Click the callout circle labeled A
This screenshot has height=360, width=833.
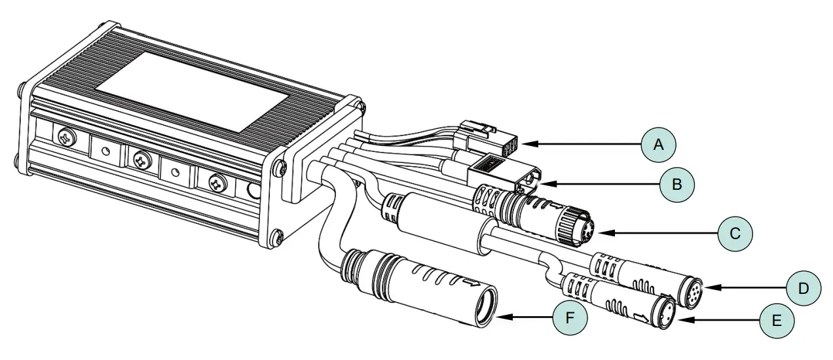(659, 144)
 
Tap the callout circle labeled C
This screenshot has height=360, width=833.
(735, 233)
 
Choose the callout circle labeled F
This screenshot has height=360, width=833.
(568, 319)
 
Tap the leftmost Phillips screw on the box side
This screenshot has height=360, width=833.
(67, 137)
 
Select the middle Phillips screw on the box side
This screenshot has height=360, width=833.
(140, 159)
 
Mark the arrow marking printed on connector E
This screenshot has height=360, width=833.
(644, 317)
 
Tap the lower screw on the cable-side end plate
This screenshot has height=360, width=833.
(276, 237)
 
